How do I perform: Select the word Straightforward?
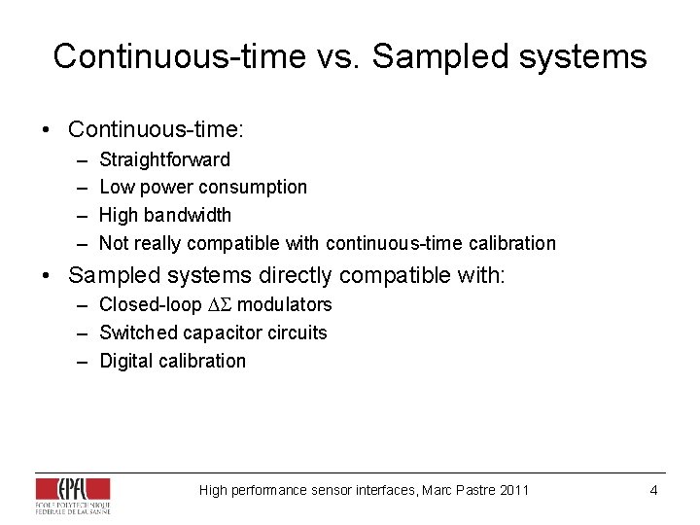click(164, 159)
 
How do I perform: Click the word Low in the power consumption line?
click(117, 187)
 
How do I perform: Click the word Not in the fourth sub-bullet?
click(114, 243)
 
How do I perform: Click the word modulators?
click(285, 304)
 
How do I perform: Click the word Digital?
click(127, 361)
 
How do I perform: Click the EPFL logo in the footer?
click(73, 495)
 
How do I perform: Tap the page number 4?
click(653, 490)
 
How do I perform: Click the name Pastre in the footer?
click(472, 490)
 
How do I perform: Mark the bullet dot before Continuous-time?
click(46, 129)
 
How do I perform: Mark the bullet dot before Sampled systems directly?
click(46, 276)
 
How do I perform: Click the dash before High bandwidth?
click(80, 215)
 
